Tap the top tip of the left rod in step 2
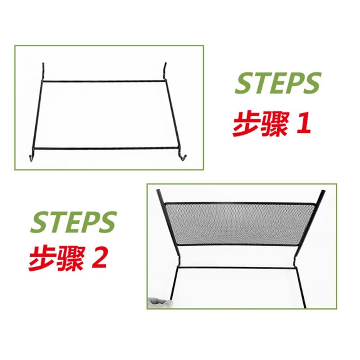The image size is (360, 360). pos(158,192)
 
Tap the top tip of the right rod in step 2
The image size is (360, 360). pos(323,192)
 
